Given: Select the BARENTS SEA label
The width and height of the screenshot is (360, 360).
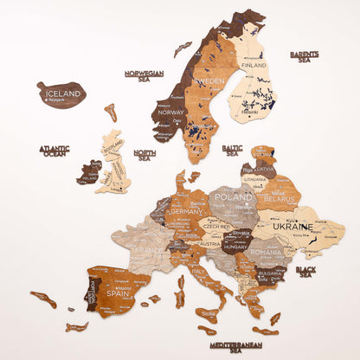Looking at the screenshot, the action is tap(305, 56).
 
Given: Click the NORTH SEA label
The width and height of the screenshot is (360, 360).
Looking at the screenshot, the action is tap(145, 155).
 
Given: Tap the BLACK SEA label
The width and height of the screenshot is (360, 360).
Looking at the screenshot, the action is tap(305, 271).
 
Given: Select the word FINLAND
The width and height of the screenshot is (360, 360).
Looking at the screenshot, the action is tap(254, 65).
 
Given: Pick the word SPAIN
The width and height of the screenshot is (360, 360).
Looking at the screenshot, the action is tap(119, 293).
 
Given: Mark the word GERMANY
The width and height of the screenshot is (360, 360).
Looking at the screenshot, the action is tap(185, 210).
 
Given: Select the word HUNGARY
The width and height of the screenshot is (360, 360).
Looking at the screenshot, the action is tap(235, 246).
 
